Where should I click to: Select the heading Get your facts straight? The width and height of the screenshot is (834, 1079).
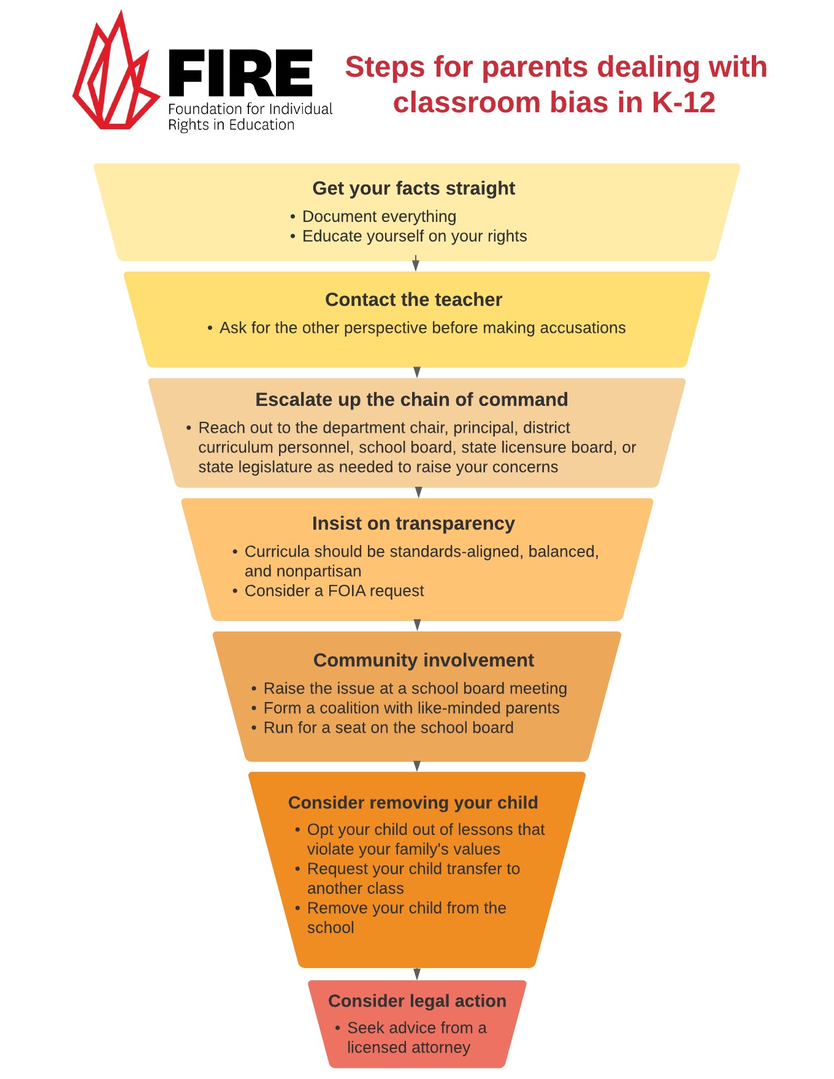click(x=413, y=188)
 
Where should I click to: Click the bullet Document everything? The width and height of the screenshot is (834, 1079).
click(x=379, y=216)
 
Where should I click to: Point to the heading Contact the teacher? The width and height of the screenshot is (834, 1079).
click(x=413, y=300)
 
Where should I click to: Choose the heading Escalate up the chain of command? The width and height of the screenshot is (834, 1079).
click(x=411, y=400)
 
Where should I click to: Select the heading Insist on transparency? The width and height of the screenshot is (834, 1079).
click(x=413, y=524)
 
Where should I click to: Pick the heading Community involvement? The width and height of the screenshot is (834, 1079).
click(x=423, y=660)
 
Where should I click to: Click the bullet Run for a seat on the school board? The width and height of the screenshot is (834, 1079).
click(x=388, y=728)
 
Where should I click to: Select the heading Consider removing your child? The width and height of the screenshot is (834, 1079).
click(x=413, y=803)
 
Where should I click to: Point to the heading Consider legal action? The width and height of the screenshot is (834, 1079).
click(x=417, y=1001)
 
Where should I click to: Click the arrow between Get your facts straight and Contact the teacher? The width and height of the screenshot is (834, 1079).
click(x=416, y=265)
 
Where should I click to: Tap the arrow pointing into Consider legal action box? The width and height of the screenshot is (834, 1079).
click(x=417, y=974)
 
